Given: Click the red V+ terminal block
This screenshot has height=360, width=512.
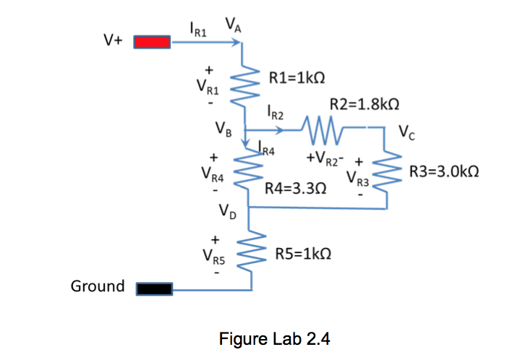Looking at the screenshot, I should (x=152, y=43).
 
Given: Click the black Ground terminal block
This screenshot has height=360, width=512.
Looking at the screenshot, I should (x=152, y=289).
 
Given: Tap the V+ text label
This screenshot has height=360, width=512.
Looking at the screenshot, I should (x=113, y=42).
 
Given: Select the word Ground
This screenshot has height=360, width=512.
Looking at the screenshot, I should (x=98, y=286).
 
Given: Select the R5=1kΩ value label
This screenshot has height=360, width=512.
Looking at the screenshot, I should (x=304, y=254).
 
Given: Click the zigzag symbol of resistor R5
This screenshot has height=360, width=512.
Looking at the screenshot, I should (x=251, y=252).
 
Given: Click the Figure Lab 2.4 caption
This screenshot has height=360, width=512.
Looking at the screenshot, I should (x=275, y=338).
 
